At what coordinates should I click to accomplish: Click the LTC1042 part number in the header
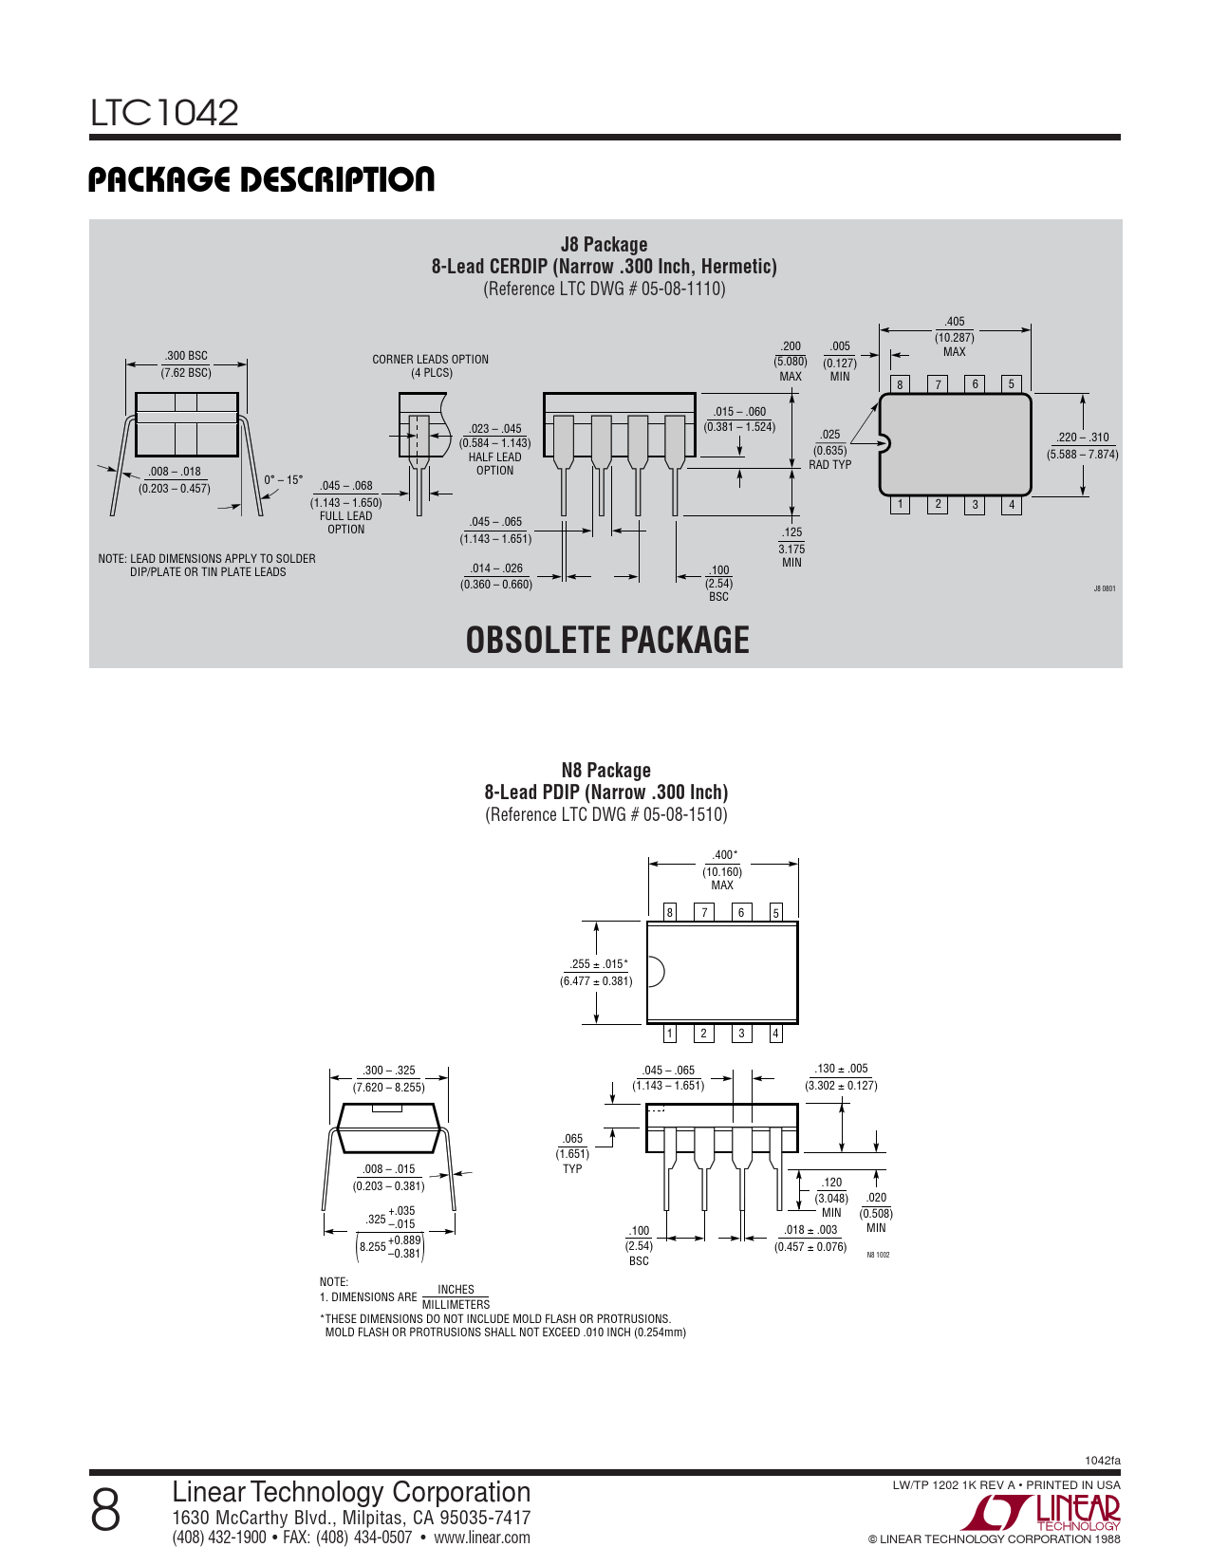164,112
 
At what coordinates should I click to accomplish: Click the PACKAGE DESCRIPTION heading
261,179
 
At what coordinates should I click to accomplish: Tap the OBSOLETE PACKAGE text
606,640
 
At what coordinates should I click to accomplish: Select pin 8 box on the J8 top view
900,384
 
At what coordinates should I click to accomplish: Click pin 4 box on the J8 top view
1012,505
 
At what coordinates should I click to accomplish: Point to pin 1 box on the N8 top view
669,1034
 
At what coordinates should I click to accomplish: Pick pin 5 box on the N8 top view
776,912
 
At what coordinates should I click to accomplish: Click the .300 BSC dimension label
186,356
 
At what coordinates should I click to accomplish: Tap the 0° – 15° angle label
283,480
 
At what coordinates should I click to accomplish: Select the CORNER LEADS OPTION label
430,359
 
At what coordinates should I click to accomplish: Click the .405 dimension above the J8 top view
954,322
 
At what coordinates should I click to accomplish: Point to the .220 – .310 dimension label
1083,438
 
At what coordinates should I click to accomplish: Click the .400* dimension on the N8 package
724,855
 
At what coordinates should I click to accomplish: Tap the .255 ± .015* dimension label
598,964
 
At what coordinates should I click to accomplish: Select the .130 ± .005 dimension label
841,1069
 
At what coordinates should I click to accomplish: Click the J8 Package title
604,244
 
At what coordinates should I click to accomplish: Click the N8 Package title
606,771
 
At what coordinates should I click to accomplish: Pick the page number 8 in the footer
105,1511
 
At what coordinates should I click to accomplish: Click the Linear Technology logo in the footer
1041,1512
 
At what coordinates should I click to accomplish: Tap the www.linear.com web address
481,1538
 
